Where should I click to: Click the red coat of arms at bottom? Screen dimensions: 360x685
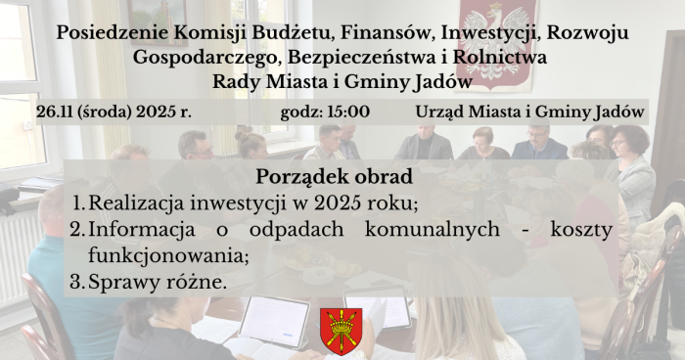(x=341, y=331)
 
